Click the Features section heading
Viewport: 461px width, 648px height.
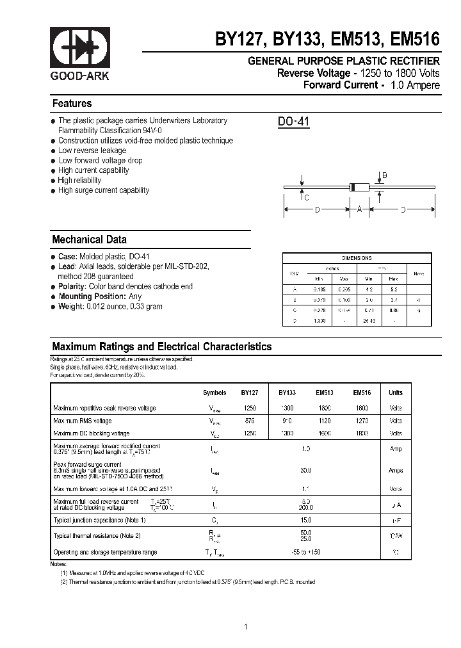pos(72,104)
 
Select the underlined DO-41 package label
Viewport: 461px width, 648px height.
pos(294,122)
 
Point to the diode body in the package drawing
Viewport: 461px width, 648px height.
pos(359,187)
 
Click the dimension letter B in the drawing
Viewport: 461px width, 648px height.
pos(384,175)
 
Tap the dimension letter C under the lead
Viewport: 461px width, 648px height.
pos(307,198)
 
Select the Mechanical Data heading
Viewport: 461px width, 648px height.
pos(89,239)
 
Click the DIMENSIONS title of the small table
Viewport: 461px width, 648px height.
pos(357,258)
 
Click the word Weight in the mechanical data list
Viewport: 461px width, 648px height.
pos(70,306)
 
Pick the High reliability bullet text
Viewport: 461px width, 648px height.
pos(79,181)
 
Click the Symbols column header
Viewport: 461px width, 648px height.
pos(214,393)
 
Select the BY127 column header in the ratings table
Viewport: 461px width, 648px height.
pos(250,393)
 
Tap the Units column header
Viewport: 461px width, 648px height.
pos(396,393)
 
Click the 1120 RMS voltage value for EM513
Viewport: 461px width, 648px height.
pos(324,421)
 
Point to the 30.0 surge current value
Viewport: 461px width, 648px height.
pos(305,471)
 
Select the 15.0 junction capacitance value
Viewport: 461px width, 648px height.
pos(305,520)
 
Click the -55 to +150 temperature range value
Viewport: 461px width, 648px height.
pos(305,552)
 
